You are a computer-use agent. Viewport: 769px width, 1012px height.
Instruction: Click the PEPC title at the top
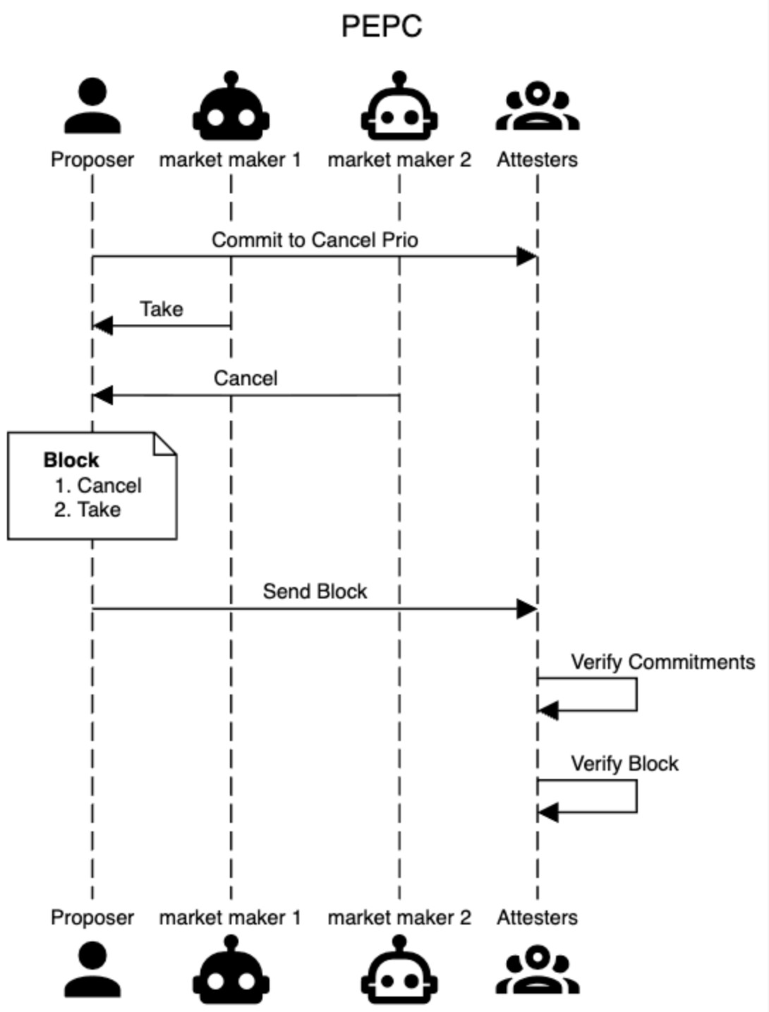pyautogui.click(x=382, y=27)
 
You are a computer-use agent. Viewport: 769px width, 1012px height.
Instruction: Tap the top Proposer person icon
pyautogui.click(x=92, y=107)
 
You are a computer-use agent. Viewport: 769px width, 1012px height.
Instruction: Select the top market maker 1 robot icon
pyautogui.click(x=231, y=107)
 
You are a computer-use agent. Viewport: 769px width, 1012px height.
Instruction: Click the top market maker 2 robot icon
pyautogui.click(x=399, y=107)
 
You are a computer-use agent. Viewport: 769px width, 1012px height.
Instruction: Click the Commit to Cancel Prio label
pyautogui.click(x=315, y=240)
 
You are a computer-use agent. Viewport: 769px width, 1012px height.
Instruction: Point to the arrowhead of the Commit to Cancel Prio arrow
pyautogui.click(x=527, y=257)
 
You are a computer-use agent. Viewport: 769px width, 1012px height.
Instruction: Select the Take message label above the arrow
pyautogui.click(x=162, y=309)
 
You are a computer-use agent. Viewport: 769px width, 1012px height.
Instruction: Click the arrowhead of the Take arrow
pyautogui.click(x=102, y=325)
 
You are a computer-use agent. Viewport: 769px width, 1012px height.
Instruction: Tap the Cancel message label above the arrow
pyautogui.click(x=246, y=378)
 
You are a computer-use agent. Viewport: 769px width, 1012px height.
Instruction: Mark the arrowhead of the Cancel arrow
pyautogui.click(x=102, y=395)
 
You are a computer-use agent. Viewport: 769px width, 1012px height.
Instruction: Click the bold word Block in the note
pyautogui.click(x=71, y=460)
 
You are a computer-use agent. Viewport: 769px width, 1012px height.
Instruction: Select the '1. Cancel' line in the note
pyautogui.click(x=98, y=486)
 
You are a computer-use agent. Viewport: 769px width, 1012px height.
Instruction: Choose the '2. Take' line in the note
pyautogui.click(x=87, y=510)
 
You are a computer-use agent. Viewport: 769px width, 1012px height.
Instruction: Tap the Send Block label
pyautogui.click(x=315, y=591)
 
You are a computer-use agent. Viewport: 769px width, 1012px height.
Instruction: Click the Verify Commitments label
pyautogui.click(x=662, y=662)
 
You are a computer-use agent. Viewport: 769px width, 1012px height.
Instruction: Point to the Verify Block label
pyautogui.click(x=624, y=764)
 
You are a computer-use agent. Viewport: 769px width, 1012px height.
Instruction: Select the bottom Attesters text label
pyautogui.click(x=537, y=917)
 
